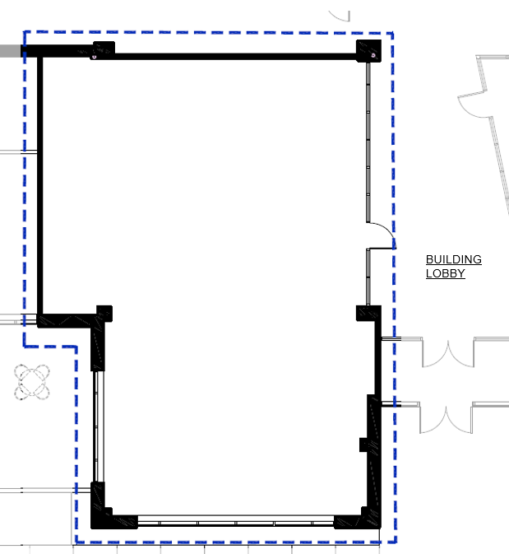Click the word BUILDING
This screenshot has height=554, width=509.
click(454, 259)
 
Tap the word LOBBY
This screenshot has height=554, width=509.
click(445, 273)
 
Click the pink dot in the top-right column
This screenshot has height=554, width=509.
click(373, 55)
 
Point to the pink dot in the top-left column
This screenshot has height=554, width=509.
click(95, 57)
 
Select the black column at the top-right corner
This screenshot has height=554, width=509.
click(369, 51)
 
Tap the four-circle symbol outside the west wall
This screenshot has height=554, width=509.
click(32, 382)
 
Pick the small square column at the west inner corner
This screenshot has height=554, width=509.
click(104, 314)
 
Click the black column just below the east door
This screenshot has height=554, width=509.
click(368, 313)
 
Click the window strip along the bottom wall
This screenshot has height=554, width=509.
click(235, 522)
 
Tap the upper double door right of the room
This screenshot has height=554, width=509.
click(448, 353)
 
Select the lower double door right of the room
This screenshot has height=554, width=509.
click(446, 419)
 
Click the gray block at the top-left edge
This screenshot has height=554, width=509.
click(10, 51)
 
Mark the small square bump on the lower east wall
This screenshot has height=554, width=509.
click(363, 445)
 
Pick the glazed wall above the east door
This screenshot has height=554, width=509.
click(368, 142)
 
